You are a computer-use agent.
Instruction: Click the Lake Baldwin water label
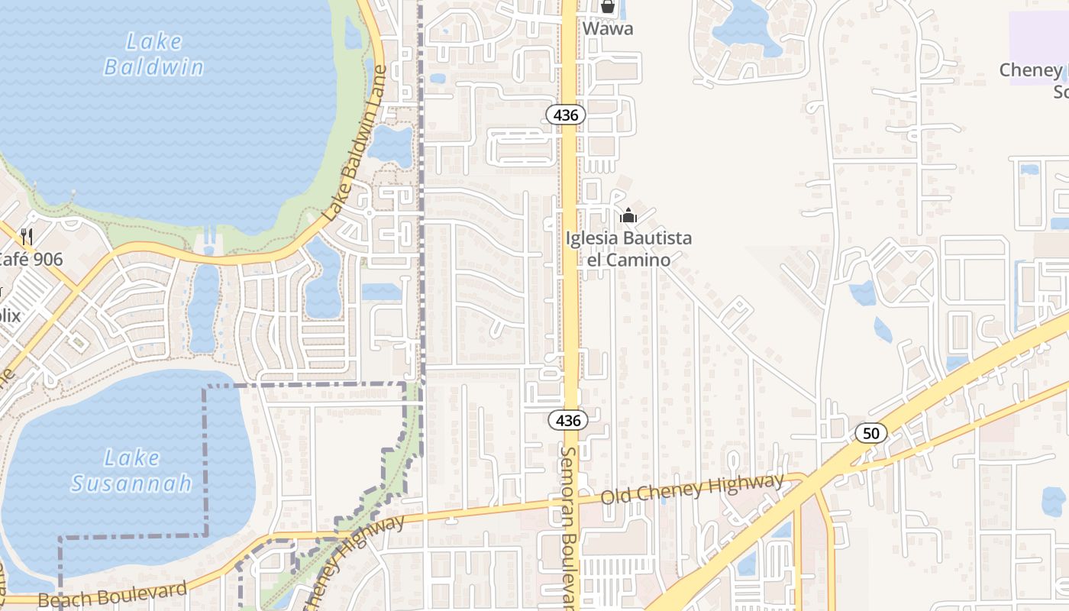(153, 54)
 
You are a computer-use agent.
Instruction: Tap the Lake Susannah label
(132, 470)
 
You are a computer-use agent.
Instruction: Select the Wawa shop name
(608, 29)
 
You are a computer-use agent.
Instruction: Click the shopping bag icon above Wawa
(608, 8)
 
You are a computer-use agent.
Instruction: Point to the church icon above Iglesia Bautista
(628, 216)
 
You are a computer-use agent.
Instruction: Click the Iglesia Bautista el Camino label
(628, 249)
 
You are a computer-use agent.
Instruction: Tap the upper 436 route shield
(566, 115)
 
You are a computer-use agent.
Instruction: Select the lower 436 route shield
(568, 420)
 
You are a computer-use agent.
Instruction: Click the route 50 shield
(870, 433)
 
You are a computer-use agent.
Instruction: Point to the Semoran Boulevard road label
(570, 527)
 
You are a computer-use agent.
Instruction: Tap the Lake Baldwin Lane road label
(356, 144)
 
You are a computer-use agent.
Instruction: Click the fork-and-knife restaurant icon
(27, 236)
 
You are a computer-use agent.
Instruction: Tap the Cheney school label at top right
(1035, 80)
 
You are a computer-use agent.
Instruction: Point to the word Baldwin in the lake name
(153, 67)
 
